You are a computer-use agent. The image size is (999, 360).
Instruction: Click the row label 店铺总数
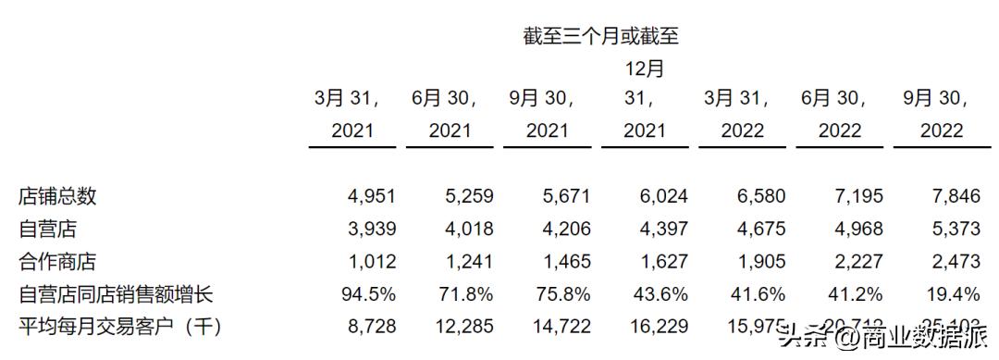point(57,196)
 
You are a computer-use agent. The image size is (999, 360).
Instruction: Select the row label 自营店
point(44,230)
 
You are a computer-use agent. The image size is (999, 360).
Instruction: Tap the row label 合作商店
point(57,263)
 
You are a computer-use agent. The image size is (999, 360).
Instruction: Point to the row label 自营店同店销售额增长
point(116,295)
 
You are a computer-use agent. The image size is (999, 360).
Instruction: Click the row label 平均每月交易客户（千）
point(121,327)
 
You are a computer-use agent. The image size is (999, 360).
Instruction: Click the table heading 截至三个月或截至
point(600,36)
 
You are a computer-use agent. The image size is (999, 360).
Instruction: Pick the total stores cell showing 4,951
point(369,196)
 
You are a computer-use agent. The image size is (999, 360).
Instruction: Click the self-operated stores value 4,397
point(660,230)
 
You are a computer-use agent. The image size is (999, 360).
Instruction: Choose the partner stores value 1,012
point(369,263)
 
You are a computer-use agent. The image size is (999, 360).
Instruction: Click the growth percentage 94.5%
point(367,295)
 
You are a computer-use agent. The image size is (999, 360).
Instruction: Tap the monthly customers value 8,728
point(369,327)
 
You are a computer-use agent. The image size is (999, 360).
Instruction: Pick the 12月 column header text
point(644,68)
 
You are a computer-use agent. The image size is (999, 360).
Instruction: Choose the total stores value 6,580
point(758,196)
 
